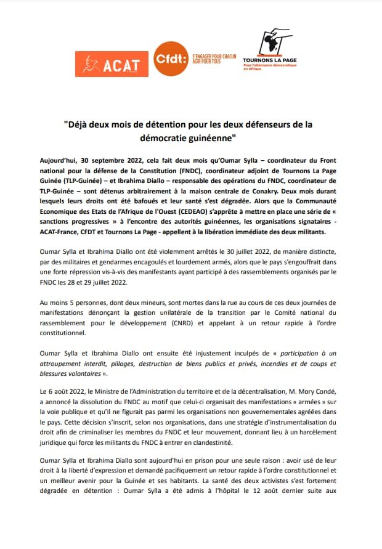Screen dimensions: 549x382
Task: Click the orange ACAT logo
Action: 111,63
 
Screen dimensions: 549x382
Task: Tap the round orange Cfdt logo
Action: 169,59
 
